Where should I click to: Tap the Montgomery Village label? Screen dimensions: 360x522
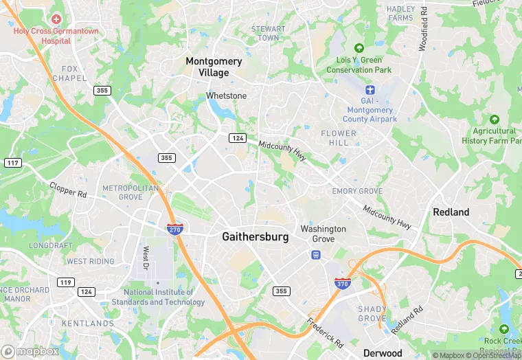(x=214, y=67)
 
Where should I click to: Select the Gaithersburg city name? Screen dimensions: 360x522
(x=255, y=236)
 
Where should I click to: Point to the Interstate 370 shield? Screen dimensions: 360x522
(x=341, y=282)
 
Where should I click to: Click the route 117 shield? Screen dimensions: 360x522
(x=12, y=163)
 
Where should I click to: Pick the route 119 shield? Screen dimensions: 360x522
(x=66, y=282)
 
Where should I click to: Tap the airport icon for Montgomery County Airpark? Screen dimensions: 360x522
(x=371, y=91)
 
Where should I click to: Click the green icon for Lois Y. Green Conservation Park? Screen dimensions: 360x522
(x=359, y=48)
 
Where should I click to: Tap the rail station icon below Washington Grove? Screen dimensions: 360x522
(x=316, y=255)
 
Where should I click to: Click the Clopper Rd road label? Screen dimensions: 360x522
(x=68, y=190)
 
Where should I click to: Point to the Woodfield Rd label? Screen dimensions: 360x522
(x=424, y=29)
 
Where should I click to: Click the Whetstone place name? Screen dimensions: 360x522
(x=226, y=95)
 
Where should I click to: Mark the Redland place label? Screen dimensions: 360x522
(x=451, y=212)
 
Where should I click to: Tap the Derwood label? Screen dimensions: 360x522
(x=383, y=352)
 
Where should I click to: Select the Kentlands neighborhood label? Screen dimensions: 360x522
(x=87, y=323)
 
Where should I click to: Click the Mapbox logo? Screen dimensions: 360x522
(x=30, y=351)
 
